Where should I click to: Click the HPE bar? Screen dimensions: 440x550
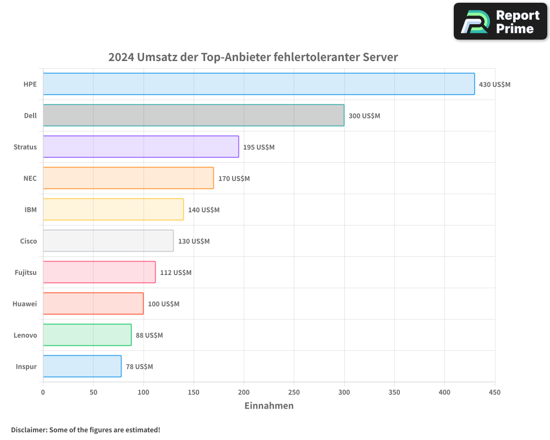258,84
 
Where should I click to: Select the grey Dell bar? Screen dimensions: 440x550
194,116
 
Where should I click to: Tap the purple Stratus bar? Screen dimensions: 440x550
141,147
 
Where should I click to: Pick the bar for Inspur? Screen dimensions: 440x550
82,366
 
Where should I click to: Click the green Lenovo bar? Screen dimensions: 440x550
87,335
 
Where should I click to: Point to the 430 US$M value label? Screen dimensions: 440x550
494,85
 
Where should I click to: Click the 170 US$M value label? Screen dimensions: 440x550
234,179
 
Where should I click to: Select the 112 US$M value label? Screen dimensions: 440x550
175,273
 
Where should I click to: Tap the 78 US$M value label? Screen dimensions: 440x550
139,367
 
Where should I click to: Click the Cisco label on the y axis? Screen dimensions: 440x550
29,241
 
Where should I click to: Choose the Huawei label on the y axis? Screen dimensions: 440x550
25,304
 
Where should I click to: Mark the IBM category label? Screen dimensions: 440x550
31,210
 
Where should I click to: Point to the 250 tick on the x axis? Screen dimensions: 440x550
294,393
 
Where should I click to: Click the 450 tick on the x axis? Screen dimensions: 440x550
494,393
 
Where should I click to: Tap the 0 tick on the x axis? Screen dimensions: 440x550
43,393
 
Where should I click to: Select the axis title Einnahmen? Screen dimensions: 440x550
269,406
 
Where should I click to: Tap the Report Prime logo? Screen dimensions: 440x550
500,21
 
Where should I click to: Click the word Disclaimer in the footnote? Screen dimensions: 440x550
28,430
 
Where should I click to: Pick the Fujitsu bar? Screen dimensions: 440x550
99,272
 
